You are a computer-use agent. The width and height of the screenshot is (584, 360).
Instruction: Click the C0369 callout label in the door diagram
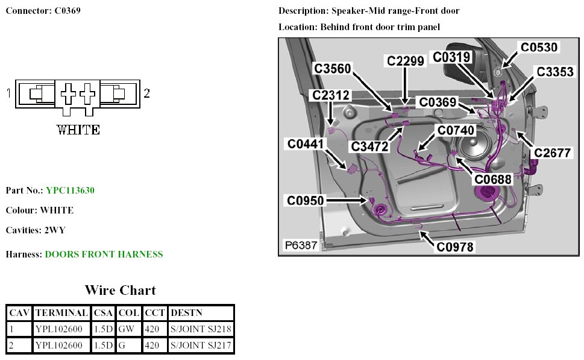pos(445,103)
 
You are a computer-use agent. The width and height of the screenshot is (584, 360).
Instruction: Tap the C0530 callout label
pos(539,47)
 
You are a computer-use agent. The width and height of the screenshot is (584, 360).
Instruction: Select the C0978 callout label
pos(455,247)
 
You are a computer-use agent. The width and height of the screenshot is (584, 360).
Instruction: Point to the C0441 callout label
pos(306,144)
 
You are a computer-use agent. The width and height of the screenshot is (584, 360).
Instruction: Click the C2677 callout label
pos(552,153)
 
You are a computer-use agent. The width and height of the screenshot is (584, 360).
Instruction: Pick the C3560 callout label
pos(332,69)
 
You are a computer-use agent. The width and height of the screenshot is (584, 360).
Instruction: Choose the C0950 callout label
pos(305,200)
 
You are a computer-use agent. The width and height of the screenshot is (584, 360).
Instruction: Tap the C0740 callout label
pos(456,130)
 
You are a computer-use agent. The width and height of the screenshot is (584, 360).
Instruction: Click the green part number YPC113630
pos(70,191)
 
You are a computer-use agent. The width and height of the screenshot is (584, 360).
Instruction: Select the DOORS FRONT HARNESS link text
pos(104,254)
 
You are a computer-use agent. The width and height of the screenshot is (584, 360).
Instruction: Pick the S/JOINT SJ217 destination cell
pos(201,346)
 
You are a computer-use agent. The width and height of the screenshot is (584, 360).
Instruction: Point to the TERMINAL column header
pos(61,313)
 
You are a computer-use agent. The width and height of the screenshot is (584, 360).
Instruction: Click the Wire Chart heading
pos(120,291)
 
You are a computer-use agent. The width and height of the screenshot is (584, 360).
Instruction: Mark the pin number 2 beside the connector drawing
pos(146,93)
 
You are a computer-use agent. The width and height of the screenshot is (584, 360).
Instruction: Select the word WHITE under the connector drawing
pos(78,130)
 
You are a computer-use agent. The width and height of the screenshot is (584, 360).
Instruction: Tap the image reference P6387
pos(301,246)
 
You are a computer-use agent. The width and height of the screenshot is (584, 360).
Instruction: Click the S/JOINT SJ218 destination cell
pos(201,329)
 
